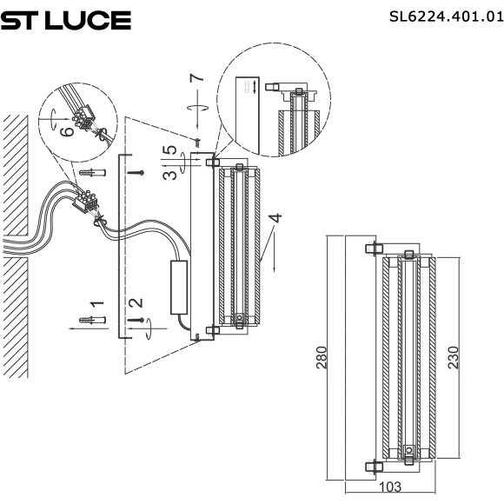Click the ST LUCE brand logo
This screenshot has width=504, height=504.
click(66, 20)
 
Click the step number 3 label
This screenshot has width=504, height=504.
click(172, 174)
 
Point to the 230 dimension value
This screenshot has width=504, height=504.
click(452, 357)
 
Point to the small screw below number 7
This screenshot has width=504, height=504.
click(197, 139)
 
